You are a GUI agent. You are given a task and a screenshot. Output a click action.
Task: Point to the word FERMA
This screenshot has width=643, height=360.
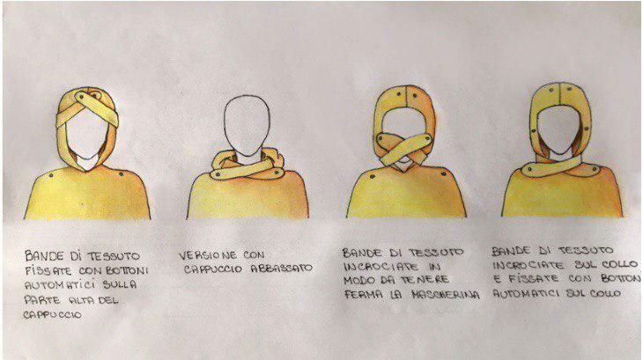pyautogui.click(x=359, y=294)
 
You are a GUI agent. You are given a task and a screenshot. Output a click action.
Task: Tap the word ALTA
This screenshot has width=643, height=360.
pyautogui.click(x=81, y=300)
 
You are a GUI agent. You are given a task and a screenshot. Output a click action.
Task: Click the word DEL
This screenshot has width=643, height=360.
pyautogui.click(x=108, y=300)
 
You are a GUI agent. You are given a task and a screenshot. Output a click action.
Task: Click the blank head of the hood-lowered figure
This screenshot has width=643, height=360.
pyautogui.click(x=247, y=125)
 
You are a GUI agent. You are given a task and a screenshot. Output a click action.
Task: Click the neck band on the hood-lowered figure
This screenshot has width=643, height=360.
pyautogui.click(x=246, y=169)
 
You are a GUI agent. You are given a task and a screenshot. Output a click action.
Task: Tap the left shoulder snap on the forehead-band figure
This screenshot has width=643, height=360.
pyautogui.click(x=50, y=175)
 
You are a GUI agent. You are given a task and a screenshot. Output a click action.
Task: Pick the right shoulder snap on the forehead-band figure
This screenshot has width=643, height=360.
pyautogui.click(x=122, y=173)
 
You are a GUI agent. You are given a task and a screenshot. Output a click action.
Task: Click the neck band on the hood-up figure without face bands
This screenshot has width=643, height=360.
pyautogui.click(x=559, y=166)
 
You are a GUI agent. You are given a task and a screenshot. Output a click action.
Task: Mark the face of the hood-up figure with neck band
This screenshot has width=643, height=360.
pyautogui.click(x=559, y=129)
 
